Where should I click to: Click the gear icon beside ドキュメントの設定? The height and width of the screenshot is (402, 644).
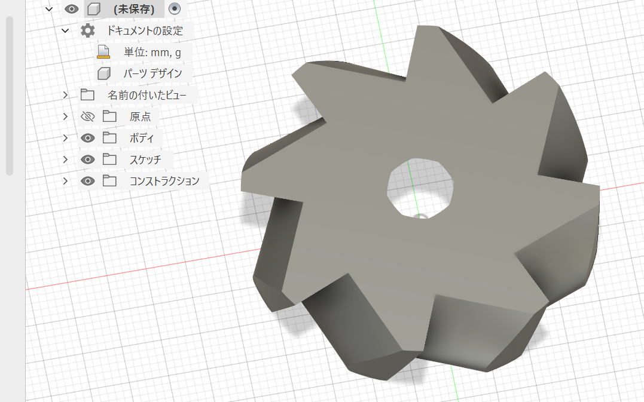click(x=87, y=31)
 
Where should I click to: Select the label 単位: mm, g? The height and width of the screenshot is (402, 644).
click(x=152, y=53)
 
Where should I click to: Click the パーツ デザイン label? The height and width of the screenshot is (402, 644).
click(x=153, y=73)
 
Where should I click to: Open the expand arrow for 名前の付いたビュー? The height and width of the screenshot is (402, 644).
click(x=65, y=95)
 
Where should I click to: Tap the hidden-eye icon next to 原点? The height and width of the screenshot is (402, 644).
click(x=87, y=116)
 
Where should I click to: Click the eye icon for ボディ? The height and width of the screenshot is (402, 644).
click(x=87, y=138)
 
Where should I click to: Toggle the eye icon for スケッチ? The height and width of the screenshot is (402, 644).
click(x=87, y=159)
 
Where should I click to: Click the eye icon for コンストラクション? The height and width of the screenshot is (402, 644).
click(x=87, y=181)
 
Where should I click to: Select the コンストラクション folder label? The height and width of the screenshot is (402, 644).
click(x=164, y=181)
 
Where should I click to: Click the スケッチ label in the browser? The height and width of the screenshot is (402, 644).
click(x=145, y=159)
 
